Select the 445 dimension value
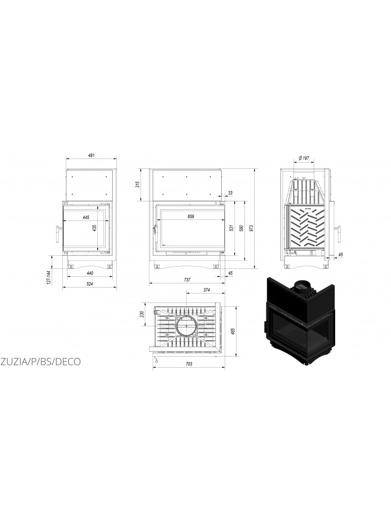click(x=86, y=217)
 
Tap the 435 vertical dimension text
click(x=94, y=228)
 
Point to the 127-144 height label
click(x=48, y=278)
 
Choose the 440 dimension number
click(x=90, y=273)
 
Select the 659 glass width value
click(x=190, y=217)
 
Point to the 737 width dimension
click(x=187, y=280)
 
